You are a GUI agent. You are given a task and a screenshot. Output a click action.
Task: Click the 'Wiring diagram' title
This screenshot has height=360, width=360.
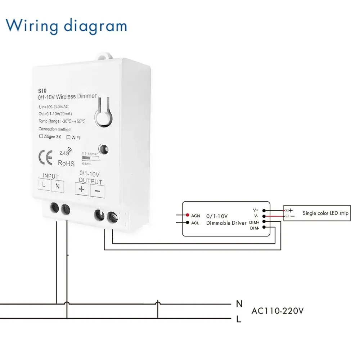[66, 26]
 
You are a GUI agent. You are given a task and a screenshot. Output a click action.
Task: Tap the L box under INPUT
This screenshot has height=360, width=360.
[44, 185]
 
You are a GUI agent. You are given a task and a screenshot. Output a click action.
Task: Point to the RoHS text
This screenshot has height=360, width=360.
[66, 163]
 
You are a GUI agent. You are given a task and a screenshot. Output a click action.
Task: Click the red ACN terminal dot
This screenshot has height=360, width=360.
[188, 215]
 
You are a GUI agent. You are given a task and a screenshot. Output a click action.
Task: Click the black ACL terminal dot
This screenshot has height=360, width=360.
[188, 222]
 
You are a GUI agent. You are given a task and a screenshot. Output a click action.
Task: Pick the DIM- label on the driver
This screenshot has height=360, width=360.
[255, 228]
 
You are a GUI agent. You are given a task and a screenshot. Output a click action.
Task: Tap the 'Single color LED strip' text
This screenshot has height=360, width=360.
[325, 213]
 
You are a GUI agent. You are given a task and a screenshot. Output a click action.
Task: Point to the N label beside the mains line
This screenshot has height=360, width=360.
[239, 304]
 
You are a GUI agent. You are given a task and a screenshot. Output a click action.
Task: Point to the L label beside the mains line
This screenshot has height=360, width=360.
[239, 319]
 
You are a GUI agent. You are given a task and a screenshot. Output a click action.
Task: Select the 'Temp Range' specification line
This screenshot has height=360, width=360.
[62, 121]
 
